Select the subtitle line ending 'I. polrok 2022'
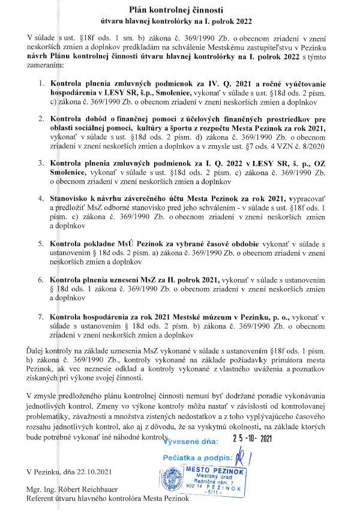[179, 21]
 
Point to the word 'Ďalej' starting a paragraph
[37, 348]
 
